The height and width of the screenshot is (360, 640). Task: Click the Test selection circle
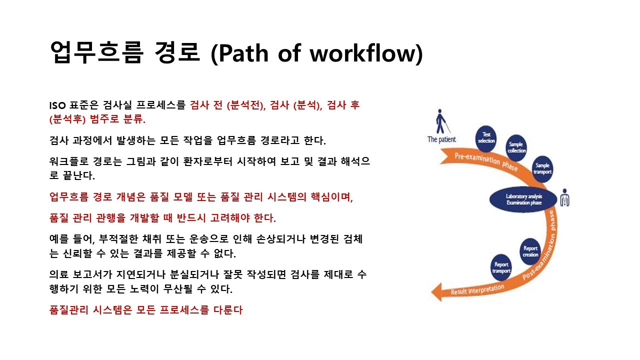tap(486, 137)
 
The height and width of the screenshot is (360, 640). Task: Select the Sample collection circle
tap(516, 147)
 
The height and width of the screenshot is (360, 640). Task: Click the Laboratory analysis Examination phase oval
tap(523, 199)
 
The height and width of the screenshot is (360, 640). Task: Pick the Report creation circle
tap(530, 251)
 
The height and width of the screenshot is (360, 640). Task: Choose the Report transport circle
tap(501, 267)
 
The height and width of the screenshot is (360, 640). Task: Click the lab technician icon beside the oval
tap(565, 198)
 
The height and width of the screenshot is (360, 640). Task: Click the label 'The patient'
tap(441, 139)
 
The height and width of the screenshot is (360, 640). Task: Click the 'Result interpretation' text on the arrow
tap(477, 289)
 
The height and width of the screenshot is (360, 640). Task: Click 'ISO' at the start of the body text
tap(56, 105)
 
